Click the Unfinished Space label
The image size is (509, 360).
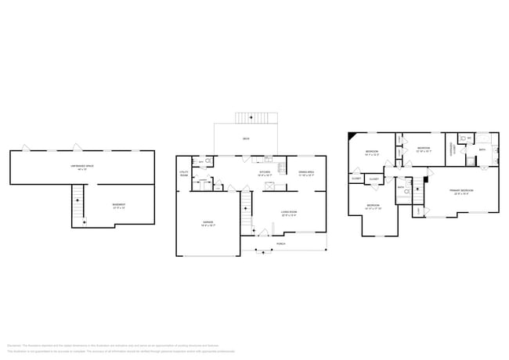click(x=81, y=167)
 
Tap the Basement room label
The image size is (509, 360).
click(x=119, y=205)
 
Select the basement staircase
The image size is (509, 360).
click(x=78, y=205)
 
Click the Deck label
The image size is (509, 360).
click(x=246, y=139)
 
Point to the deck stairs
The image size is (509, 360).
click(x=251, y=117)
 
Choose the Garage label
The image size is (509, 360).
click(x=208, y=224)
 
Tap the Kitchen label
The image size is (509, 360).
click(x=265, y=172)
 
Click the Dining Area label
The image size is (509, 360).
click(x=305, y=172)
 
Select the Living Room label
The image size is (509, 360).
click(x=290, y=212)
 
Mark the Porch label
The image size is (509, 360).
click(x=280, y=243)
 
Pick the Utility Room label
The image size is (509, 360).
click(x=183, y=173)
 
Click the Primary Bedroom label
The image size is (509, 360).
click(x=459, y=191)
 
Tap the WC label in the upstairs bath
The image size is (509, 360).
click(x=468, y=138)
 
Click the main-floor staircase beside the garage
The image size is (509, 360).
click(x=245, y=205)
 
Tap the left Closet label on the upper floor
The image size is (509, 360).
click(x=356, y=178)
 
